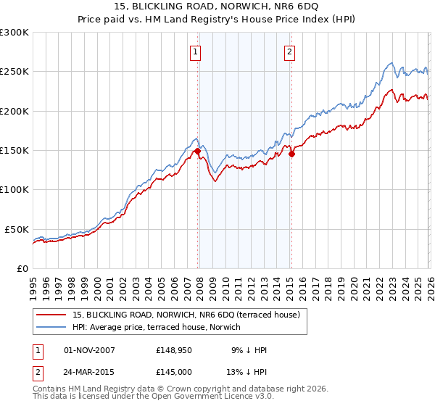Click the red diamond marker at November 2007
pyautogui.click(x=197, y=152)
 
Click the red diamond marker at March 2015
pyautogui.click(x=291, y=154)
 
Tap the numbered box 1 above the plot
pyautogui.click(x=196, y=51)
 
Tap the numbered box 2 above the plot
pyautogui.click(x=289, y=51)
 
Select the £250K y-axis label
pyautogui.click(x=14, y=72)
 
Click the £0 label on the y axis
pyautogui.click(x=22, y=268)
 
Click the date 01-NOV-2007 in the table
pyautogui.click(x=90, y=350)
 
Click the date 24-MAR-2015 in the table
pyautogui.click(x=90, y=372)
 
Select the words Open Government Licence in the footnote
pyautogui.click(x=199, y=398)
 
